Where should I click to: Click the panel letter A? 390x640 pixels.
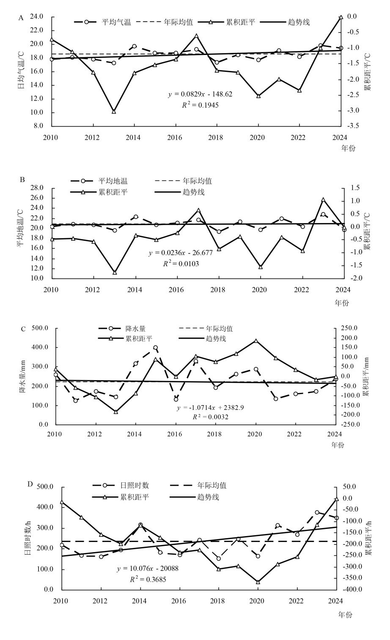[20, 18]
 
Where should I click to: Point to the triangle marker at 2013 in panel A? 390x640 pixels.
[114, 112]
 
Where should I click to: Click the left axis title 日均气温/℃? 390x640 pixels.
[20, 71]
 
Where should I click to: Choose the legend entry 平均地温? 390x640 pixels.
[113, 181]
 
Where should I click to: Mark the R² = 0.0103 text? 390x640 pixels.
[181, 264]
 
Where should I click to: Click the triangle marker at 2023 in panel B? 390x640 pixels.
[323, 200]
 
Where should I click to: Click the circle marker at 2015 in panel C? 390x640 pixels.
[156, 348]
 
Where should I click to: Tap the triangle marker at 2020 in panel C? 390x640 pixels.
[255, 340]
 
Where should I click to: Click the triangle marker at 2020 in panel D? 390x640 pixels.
[258, 582]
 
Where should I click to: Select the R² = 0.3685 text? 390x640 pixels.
[148, 580]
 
